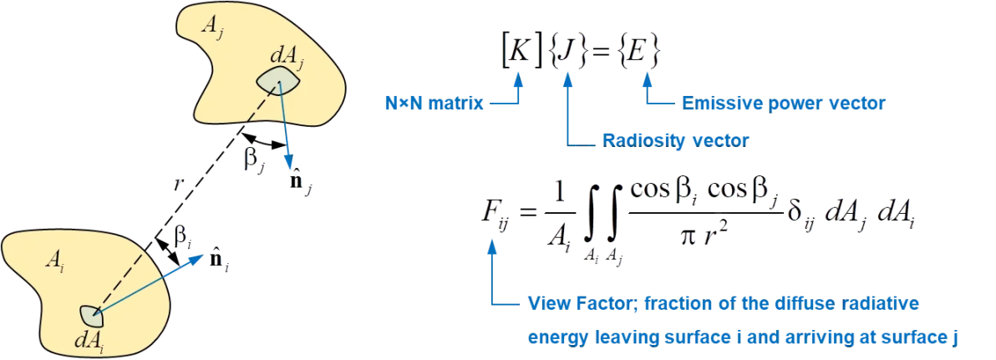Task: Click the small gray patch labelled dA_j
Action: tap(277, 81)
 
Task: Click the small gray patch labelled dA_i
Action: tap(91, 314)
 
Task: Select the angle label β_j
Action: tap(253, 160)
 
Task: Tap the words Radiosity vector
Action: tap(676, 141)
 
